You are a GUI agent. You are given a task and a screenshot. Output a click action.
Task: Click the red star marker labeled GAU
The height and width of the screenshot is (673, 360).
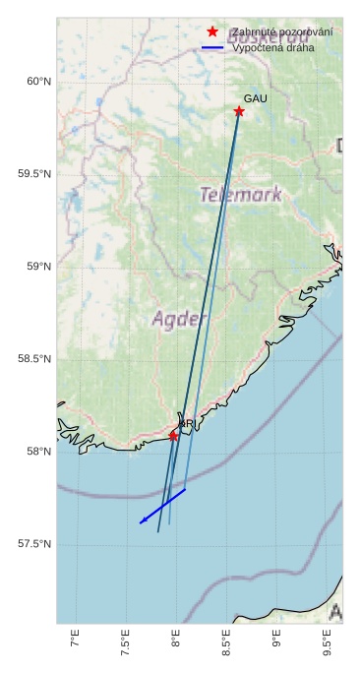(239, 111)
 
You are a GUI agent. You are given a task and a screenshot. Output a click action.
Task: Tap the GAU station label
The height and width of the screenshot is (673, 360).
(255, 99)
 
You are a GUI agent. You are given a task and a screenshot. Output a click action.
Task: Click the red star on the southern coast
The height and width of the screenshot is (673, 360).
(174, 435)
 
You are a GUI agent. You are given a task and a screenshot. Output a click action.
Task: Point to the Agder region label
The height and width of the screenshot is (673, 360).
(180, 319)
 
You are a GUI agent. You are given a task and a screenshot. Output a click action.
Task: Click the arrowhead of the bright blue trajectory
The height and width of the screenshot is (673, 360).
(142, 521)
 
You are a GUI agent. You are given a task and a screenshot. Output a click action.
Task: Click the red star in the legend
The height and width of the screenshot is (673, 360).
(211, 32)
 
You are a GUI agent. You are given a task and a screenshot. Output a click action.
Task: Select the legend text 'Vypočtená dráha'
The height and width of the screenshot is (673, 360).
(273, 47)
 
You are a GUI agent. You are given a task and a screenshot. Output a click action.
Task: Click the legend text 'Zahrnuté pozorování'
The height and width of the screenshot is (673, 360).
(282, 32)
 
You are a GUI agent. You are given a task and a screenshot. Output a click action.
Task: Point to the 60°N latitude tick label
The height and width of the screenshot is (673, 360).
(37, 82)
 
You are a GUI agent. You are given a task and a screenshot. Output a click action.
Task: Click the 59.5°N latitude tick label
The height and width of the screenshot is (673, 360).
(33, 174)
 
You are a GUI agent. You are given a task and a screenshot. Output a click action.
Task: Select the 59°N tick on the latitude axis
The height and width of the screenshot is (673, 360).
(37, 267)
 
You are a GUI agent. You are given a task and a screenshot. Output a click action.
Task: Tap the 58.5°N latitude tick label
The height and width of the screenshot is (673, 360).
(33, 359)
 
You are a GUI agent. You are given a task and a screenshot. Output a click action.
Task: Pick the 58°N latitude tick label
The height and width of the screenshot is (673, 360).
(37, 452)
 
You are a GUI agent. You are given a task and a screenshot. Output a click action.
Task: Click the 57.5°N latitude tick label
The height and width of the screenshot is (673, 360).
(33, 544)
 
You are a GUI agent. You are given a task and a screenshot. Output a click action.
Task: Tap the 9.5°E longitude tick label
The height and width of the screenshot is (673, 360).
(327, 646)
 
